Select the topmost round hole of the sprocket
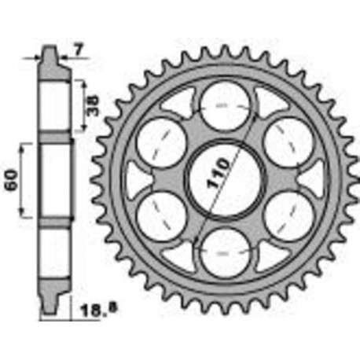coord(224,107)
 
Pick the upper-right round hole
coord(288,144)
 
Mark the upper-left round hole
coord(160,144)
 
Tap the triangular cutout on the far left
coord(139,181)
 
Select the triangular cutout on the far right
coord(310,181)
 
